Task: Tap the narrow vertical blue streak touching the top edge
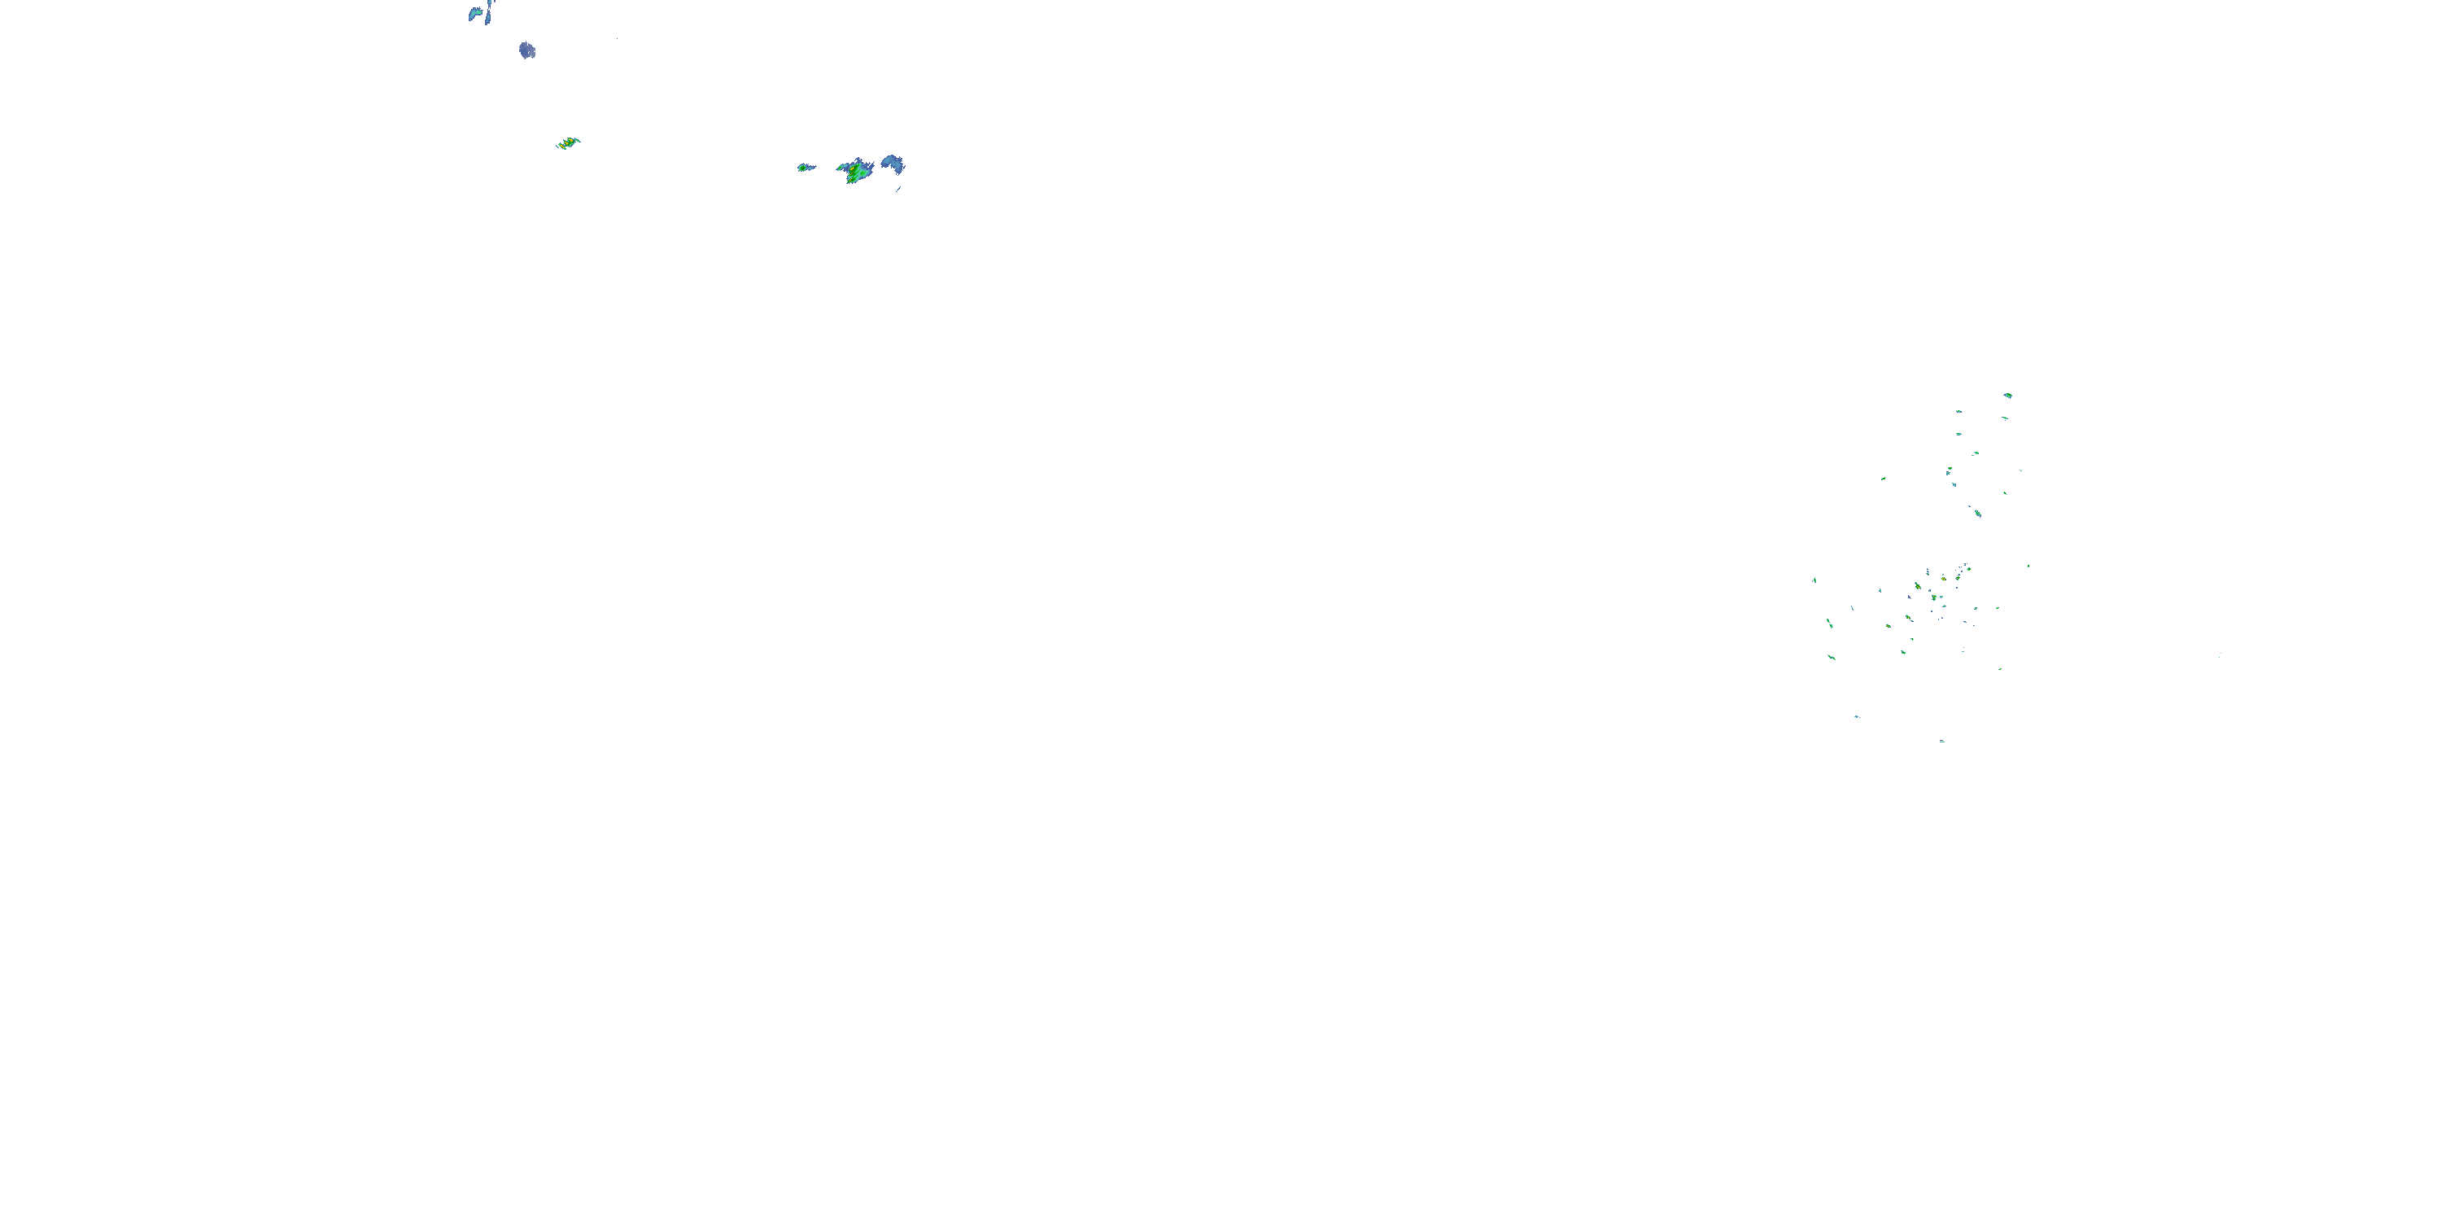(489, 11)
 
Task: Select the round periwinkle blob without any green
(527, 50)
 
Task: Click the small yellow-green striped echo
(568, 143)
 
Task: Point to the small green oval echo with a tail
(806, 168)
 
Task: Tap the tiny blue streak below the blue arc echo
(898, 190)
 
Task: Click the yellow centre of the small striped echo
(569, 143)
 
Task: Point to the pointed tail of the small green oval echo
(813, 167)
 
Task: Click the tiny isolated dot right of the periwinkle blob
(617, 39)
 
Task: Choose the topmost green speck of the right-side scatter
(2007, 396)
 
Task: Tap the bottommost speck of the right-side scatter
(1941, 741)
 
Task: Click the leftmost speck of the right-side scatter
(1814, 580)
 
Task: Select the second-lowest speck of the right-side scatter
(1856, 716)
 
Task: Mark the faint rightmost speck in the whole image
(2219, 655)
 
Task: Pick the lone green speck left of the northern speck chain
(1883, 479)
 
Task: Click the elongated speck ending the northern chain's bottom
(1978, 513)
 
